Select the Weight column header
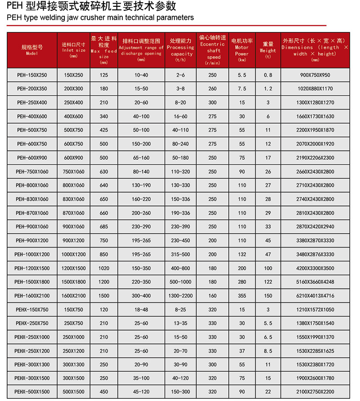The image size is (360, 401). tap(268, 50)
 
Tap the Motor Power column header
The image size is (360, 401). tap(242, 50)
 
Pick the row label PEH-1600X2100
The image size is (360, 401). tap(32, 296)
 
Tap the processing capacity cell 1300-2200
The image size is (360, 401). tap(181, 296)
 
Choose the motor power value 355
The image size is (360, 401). tap(242, 296)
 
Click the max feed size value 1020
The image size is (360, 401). tap(104, 268)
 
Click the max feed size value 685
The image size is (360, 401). tap(104, 227)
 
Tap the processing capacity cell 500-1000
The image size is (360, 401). tap(181, 282)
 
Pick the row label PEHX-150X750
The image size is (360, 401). tap(32, 310)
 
